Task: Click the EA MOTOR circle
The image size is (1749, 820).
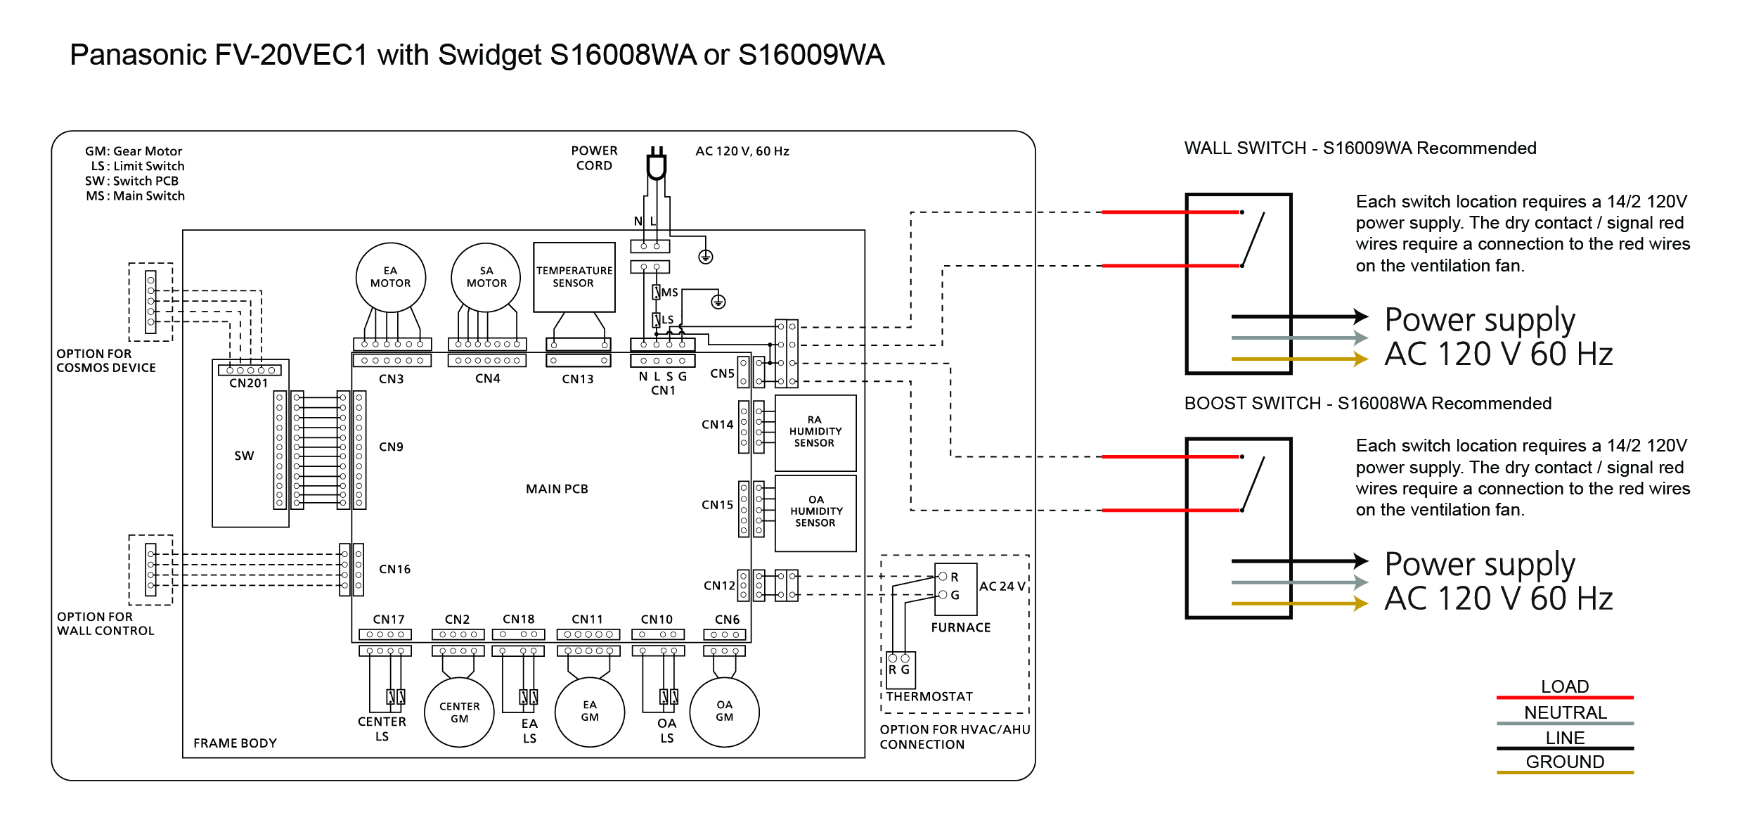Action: [391, 278]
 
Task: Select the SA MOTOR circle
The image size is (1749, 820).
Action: [486, 278]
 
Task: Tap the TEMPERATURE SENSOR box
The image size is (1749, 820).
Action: [574, 277]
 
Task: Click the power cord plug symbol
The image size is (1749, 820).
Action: [657, 165]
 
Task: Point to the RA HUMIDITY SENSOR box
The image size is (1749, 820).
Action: [815, 433]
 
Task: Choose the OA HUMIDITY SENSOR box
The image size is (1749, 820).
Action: [815, 513]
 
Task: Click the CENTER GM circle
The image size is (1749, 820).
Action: [460, 712]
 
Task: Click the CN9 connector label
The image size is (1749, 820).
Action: [392, 447]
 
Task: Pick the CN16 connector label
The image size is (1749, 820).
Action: [395, 570]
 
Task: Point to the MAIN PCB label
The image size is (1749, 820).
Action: [557, 489]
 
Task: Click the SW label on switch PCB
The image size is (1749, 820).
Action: [244, 456]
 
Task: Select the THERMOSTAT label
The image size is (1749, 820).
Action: [929, 697]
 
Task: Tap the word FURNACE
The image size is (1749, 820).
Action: [961, 628]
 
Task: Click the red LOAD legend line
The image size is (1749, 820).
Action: [1565, 698]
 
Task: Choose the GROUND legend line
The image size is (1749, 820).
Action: [1565, 772]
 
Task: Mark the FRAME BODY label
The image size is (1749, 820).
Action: [235, 743]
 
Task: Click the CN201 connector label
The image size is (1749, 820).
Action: [249, 383]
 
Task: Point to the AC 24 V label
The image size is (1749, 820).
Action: [1002, 587]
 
